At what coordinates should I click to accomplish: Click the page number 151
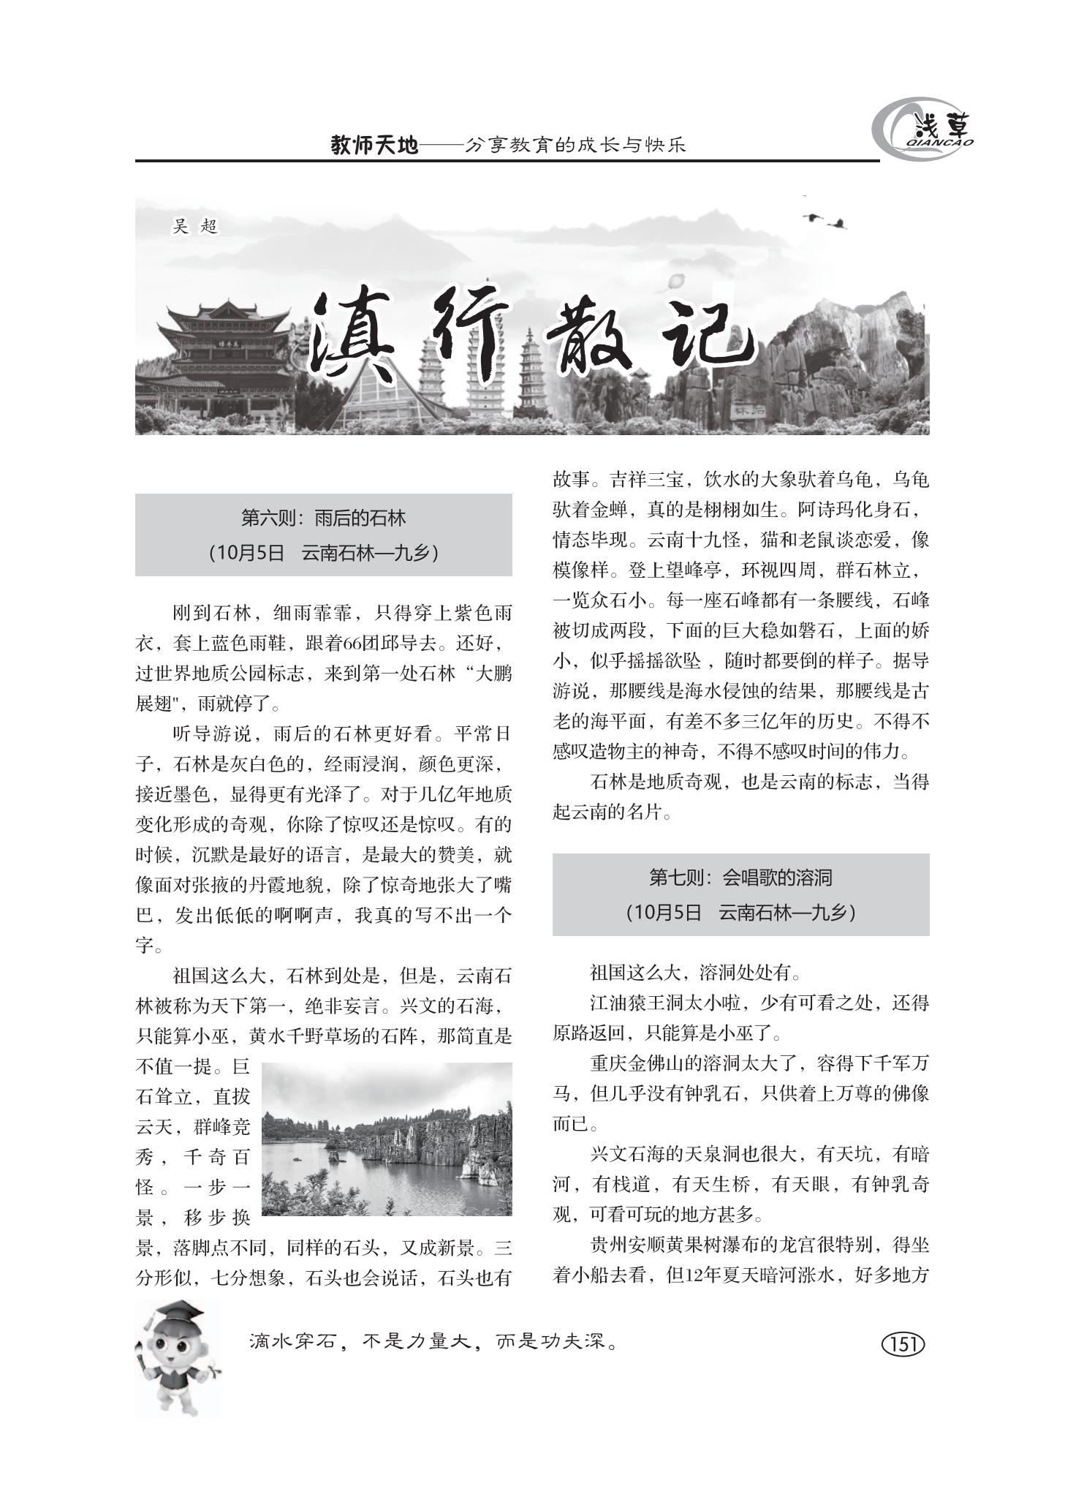click(903, 1343)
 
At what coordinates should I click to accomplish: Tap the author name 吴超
click(195, 227)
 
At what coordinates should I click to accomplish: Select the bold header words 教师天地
click(374, 146)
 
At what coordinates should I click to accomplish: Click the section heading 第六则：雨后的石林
click(323, 519)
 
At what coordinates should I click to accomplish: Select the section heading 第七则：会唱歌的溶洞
click(740, 877)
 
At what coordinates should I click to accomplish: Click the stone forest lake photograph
click(387, 1139)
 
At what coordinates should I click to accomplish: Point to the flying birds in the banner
click(825, 219)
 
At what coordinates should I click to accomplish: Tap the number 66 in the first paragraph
click(353, 644)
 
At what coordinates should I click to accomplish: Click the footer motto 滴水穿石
click(292, 1342)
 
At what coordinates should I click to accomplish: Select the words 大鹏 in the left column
click(493, 674)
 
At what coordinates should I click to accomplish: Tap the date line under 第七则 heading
click(740, 912)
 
